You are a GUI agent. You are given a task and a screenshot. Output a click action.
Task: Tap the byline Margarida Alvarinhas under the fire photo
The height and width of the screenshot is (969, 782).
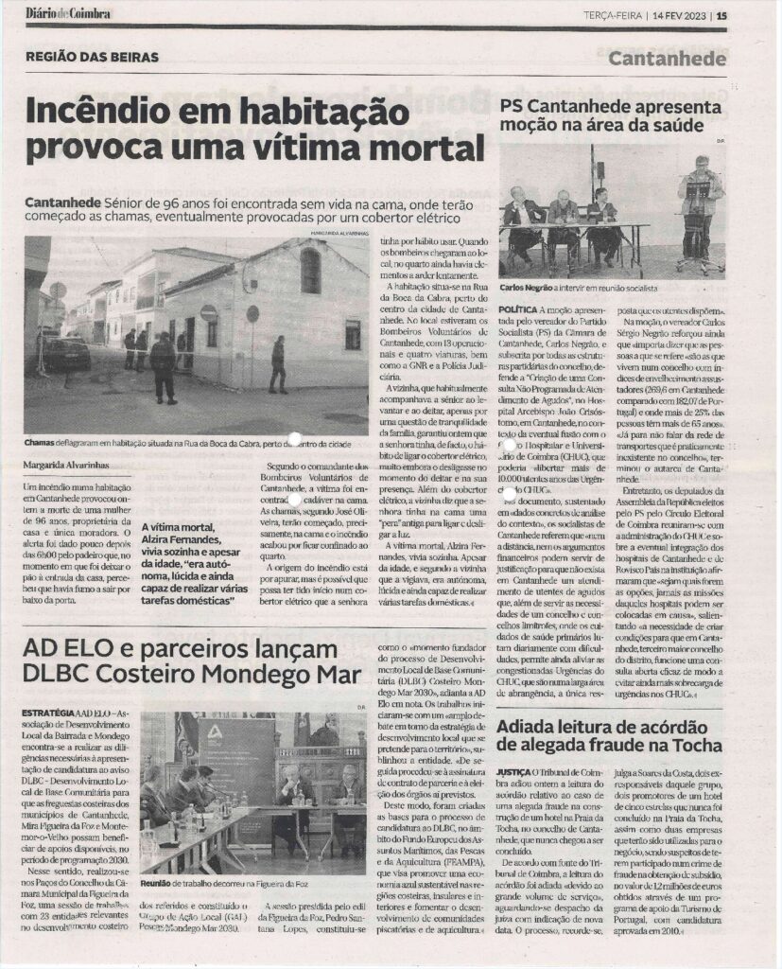click(x=67, y=466)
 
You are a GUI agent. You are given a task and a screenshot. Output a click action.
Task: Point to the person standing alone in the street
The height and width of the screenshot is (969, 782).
click(x=277, y=363)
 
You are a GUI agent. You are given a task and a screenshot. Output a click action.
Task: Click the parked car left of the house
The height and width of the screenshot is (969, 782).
click(x=66, y=353)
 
